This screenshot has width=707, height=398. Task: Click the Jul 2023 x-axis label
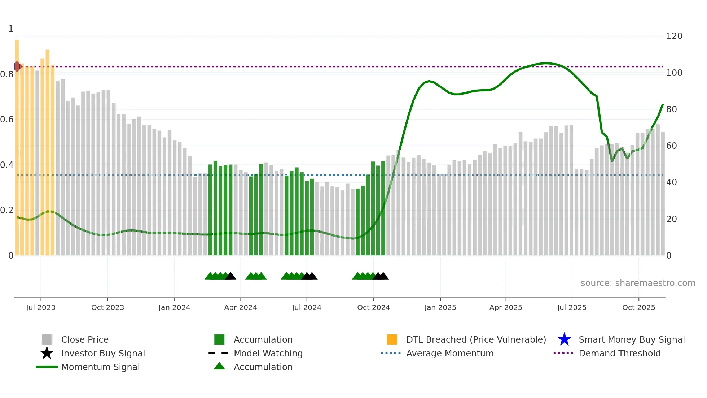tap(41, 307)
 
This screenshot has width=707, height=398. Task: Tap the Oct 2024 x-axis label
tap(373, 307)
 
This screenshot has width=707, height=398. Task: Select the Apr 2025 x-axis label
tap(506, 307)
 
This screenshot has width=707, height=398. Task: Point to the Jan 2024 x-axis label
tap(174, 307)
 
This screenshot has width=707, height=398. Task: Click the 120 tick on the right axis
tap(674, 36)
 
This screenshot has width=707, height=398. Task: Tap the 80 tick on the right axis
tap(671, 109)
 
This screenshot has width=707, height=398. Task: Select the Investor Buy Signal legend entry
tap(103, 354)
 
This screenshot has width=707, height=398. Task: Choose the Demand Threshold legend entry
tap(619, 354)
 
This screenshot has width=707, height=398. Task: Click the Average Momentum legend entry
tap(449, 354)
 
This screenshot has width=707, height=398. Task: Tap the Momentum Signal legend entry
tap(100, 367)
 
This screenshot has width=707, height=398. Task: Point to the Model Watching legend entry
tap(268, 354)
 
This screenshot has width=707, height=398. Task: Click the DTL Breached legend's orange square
tap(392, 339)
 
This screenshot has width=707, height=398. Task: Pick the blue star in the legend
tap(564, 339)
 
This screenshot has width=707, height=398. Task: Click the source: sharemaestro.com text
tap(638, 283)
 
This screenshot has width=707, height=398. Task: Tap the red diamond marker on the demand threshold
tap(17, 66)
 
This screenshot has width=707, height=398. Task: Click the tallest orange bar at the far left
tap(17, 144)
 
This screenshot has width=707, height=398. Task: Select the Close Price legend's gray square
tap(47, 339)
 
